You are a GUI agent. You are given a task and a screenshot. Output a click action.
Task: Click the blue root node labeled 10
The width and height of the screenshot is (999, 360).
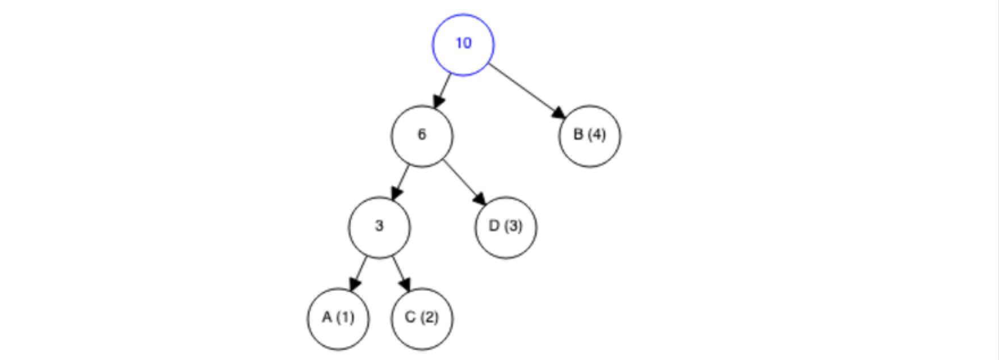(x=463, y=44)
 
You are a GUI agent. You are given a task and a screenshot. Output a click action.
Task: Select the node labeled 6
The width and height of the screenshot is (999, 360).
(x=422, y=136)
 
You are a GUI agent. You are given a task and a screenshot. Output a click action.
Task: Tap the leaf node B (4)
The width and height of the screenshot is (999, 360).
(x=590, y=136)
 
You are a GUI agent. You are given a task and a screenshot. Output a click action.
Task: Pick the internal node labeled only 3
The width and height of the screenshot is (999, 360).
(x=379, y=227)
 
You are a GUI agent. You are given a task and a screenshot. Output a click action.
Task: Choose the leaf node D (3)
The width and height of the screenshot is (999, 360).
(x=505, y=227)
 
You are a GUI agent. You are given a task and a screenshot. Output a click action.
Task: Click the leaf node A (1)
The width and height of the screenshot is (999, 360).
(x=338, y=318)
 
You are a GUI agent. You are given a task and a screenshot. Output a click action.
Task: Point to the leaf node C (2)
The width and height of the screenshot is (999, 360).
(x=422, y=318)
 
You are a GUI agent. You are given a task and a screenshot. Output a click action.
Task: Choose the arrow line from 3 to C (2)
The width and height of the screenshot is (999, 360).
(x=400, y=270)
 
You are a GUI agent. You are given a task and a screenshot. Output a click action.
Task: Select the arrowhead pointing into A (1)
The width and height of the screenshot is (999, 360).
(x=355, y=283)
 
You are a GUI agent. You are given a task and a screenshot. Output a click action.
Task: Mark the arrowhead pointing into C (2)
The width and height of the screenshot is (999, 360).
(x=404, y=283)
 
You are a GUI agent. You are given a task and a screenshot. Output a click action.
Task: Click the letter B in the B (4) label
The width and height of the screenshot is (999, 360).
(x=578, y=135)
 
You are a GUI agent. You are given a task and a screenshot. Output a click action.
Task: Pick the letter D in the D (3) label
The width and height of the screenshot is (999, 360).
(x=494, y=226)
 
